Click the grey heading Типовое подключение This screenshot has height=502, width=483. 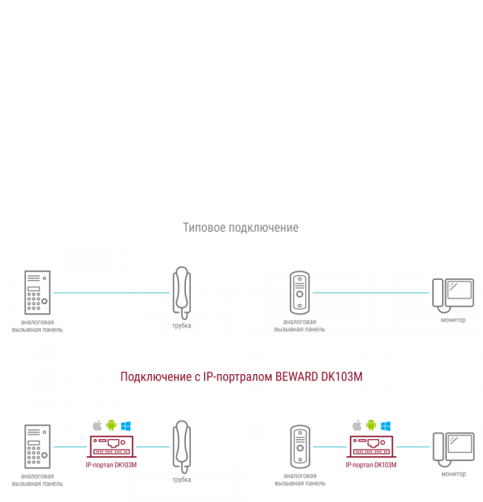[x=241, y=228]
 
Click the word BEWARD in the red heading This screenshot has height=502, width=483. [x=298, y=376]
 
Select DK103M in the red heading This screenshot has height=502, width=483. [x=341, y=376]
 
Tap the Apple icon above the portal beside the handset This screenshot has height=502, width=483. [x=97, y=425]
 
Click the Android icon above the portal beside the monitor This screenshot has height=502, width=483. [x=371, y=425]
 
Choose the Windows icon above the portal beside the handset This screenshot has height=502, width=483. [x=126, y=425]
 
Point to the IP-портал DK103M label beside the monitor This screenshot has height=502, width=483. [x=371, y=465]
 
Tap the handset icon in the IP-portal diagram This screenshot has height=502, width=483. [x=182, y=446]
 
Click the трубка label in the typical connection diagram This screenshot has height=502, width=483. [x=182, y=325]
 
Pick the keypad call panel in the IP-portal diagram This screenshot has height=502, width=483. [x=36, y=447]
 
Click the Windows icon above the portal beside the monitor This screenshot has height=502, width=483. [x=386, y=425]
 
